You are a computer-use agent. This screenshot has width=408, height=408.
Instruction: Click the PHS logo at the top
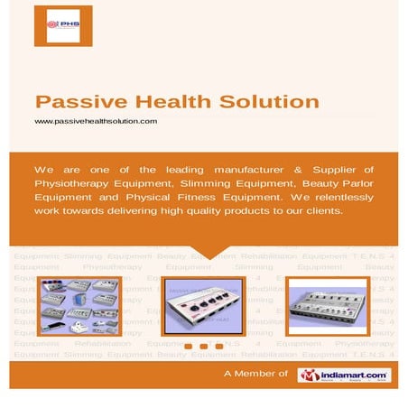pyautogui.click(x=63, y=25)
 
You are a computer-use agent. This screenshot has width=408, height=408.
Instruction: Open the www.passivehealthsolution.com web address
pyautogui.click(x=96, y=120)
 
